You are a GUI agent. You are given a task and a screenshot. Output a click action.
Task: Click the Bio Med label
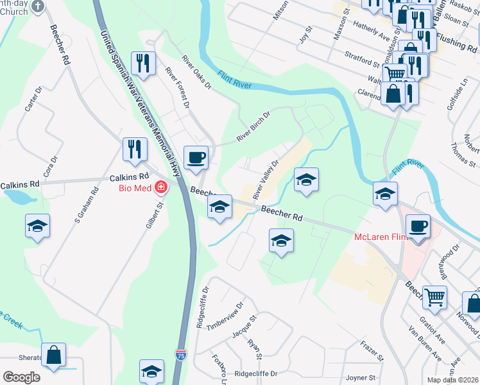tap(133, 188)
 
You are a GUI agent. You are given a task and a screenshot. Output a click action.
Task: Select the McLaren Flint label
tap(381, 237)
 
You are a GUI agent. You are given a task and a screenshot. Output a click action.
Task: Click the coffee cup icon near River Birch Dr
tap(196, 157)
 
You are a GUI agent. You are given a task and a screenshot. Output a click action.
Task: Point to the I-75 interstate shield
tap(180, 354)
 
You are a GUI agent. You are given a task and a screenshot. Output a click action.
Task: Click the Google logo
tap(21, 377)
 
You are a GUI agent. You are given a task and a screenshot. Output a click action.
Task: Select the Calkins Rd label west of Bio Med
tap(20, 184)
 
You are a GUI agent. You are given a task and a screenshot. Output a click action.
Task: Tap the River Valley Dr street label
tap(266, 179)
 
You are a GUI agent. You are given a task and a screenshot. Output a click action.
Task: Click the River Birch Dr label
tap(253, 127)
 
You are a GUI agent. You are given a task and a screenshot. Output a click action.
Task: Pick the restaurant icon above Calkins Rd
tap(135, 149)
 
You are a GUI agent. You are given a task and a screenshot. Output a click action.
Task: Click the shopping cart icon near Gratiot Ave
tap(434, 297)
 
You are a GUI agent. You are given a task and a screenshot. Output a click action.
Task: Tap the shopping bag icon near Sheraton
tap(54, 354)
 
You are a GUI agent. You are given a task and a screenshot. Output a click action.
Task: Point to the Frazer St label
tap(371, 350)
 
